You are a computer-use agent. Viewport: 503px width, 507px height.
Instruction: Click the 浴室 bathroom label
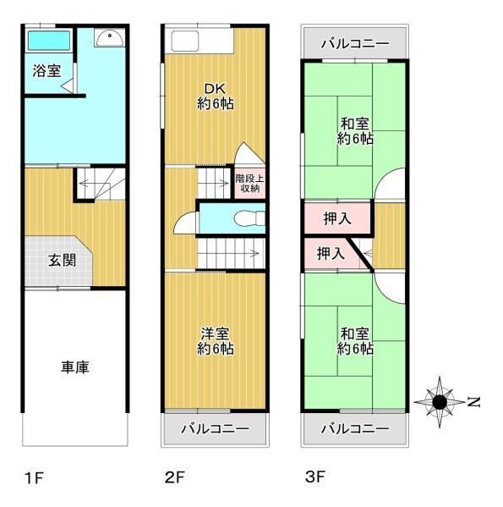pyautogui.click(x=46, y=71)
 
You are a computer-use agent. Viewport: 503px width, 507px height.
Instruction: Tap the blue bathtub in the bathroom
pyautogui.click(x=49, y=41)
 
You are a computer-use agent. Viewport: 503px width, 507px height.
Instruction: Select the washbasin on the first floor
pyautogui.click(x=109, y=37)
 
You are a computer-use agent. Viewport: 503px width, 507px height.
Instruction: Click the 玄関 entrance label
pyautogui.click(x=62, y=261)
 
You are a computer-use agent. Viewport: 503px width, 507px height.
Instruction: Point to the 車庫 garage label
pyautogui.click(x=75, y=367)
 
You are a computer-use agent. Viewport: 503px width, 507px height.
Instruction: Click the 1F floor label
pyautogui.click(x=34, y=478)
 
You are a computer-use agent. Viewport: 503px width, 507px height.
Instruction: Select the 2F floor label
pyautogui.click(x=174, y=477)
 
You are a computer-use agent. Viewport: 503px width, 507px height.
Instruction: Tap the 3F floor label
pyautogui.click(x=315, y=477)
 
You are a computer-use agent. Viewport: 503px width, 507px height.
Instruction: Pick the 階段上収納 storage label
pyautogui.click(x=249, y=184)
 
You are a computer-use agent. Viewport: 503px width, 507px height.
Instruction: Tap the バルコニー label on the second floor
pyautogui.click(x=216, y=429)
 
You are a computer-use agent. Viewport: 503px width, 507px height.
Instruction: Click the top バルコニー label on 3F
pyautogui.click(x=355, y=43)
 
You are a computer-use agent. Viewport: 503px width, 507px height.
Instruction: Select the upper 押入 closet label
pyautogui.click(x=337, y=218)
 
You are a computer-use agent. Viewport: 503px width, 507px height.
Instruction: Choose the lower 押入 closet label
pyautogui.click(x=331, y=253)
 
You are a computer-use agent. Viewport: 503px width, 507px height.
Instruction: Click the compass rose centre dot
pyautogui.click(x=440, y=402)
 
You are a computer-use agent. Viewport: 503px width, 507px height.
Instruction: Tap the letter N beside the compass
pyautogui.click(x=473, y=402)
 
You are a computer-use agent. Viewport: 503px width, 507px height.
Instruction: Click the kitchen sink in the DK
pyautogui.click(x=184, y=41)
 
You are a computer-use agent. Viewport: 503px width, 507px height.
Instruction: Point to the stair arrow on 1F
pyautogui.click(x=97, y=184)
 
